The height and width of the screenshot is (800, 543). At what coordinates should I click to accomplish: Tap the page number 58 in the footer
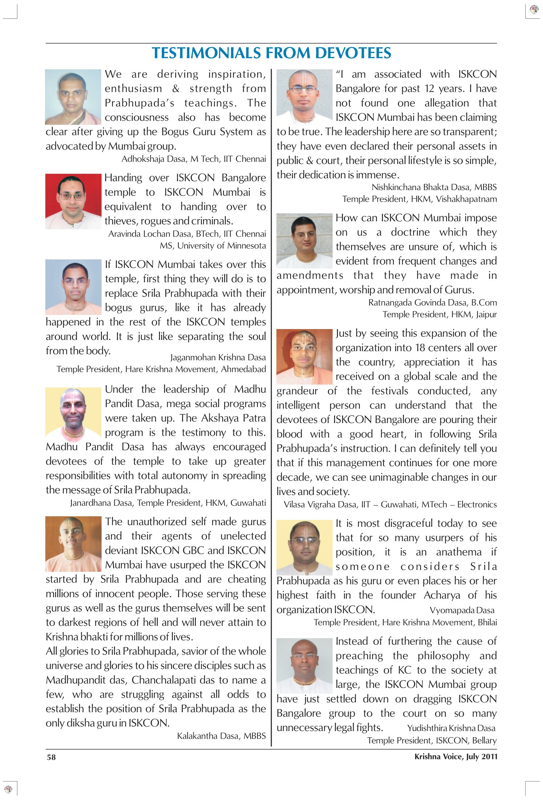(x=51, y=757)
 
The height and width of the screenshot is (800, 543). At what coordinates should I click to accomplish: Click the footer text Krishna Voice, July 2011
(x=456, y=756)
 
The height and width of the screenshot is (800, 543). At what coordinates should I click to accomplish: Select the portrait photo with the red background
(x=73, y=201)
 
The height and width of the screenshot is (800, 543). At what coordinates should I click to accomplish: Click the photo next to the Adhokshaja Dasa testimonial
(x=73, y=97)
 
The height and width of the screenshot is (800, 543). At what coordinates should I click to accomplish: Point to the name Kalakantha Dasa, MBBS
(x=221, y=736)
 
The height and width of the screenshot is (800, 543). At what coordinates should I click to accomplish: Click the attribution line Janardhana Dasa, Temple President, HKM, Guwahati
(x=168, y=503)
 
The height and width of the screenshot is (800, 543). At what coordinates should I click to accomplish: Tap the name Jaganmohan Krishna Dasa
(x=218, y=357)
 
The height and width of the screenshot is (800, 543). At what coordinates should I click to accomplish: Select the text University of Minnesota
(x=221, y=246)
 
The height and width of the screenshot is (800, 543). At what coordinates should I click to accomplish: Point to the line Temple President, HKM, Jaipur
(x=439, y=314)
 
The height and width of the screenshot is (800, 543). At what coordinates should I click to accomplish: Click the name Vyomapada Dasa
(x=462, y=610)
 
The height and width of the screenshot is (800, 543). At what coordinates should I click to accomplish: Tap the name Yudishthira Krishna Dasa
(x=451, y=728)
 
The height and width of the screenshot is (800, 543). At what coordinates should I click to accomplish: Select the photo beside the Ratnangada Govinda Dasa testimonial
(x=304, y=241)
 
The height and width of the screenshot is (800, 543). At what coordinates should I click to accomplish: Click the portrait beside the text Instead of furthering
(x=304, y=666)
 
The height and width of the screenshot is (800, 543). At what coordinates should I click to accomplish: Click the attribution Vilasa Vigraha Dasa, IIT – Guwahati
(x=390, y=504)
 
